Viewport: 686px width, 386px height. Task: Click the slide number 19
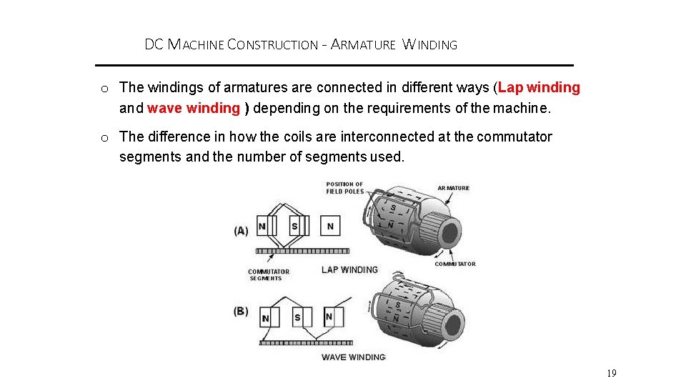[x=611, y=373]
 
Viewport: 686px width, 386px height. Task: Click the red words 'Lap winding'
[x=540, y=88]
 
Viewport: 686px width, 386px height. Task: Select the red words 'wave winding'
[x=194, y=109]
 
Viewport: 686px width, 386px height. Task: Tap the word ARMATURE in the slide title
[x=363, y=45]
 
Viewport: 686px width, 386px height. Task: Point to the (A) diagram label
[x=242, y=231]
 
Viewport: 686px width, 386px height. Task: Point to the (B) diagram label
[x=242, y=312]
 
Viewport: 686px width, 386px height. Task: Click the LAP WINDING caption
[x=349, y=269]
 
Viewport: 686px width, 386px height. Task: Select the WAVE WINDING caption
[x=353, y=357]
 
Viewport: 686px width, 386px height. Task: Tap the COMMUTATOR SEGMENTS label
[x=268, y=274]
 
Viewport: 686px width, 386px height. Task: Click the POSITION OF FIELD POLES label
[x=344, y=188]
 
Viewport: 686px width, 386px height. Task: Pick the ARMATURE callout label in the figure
[x=453, y=188]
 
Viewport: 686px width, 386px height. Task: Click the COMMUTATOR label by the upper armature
[x=454, y=264]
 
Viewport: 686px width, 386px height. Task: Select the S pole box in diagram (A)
[x=295, y=227]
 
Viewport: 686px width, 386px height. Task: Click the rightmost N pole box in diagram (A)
[x=329, y=227]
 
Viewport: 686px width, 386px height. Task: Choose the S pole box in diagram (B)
[x=299, y=317]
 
